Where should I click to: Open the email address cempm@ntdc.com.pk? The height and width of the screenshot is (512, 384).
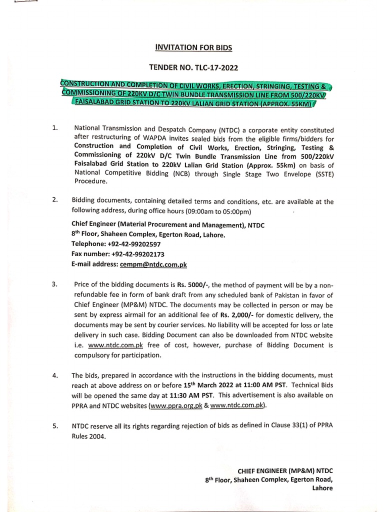pos(152,263)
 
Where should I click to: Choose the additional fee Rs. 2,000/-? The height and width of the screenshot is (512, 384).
pos(237,315)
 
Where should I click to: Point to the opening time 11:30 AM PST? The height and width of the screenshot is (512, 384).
pos(182,395)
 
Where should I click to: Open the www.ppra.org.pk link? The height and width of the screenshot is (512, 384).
pos(175,405)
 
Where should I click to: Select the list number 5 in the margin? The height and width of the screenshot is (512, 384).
pos(54,426)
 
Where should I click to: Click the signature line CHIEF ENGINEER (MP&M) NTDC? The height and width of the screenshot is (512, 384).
pos(285,470)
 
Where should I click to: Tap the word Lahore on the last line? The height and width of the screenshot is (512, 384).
pos(322,488)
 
